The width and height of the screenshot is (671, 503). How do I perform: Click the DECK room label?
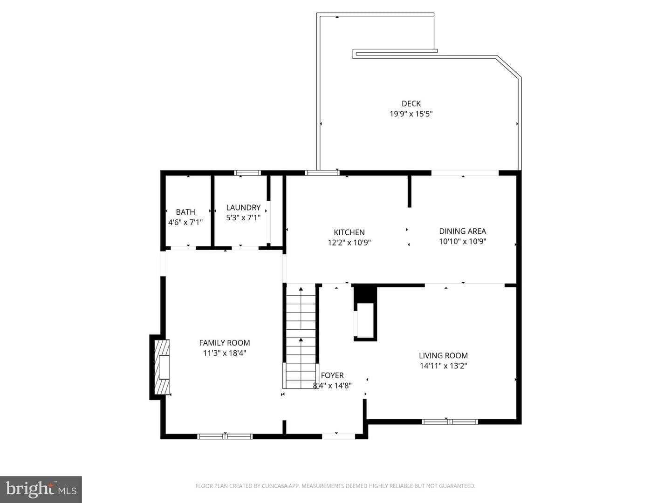[411, 103]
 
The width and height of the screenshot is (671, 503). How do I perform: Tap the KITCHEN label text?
[349, 232]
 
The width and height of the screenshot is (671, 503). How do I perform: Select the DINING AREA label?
[463, 231]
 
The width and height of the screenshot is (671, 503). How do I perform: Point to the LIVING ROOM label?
[443, 355]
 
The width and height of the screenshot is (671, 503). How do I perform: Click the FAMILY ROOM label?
[225, 343]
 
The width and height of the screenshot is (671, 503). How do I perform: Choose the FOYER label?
[332, 375]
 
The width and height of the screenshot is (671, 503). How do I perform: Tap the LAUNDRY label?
[243, 207]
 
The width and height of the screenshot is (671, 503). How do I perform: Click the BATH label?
[185, 211]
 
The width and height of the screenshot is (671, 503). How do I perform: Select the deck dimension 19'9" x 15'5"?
[411, 114]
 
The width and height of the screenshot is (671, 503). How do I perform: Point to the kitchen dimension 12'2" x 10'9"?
[349, 243]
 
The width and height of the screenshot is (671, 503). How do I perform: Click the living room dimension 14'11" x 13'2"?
[443, 366]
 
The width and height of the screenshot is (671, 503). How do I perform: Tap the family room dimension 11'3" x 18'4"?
[225, 353]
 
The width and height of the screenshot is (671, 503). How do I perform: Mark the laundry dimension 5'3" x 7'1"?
[243, 218]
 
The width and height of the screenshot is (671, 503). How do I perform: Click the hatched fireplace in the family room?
[162, 367]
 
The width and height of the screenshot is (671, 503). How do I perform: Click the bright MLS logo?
[41, 489]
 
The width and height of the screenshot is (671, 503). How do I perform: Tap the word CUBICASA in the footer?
[274, 486]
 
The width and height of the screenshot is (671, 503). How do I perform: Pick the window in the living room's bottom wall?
[450, 422]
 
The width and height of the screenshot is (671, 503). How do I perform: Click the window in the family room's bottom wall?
[225, 436]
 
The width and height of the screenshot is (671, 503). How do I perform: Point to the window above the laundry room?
[247, 173]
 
